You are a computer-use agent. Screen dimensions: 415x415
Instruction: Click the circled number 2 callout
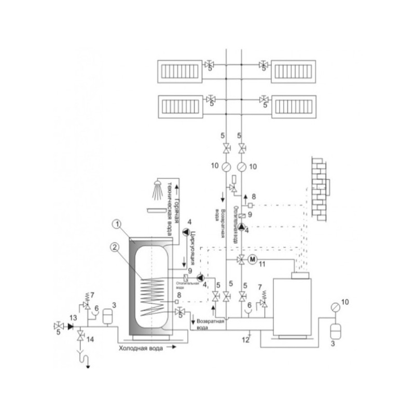[117, 247]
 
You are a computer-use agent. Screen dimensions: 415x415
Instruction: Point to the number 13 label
[60, 317]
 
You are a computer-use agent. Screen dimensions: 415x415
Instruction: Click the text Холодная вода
[141, 349]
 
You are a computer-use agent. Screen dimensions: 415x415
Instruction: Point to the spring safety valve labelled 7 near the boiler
[265, 302]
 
